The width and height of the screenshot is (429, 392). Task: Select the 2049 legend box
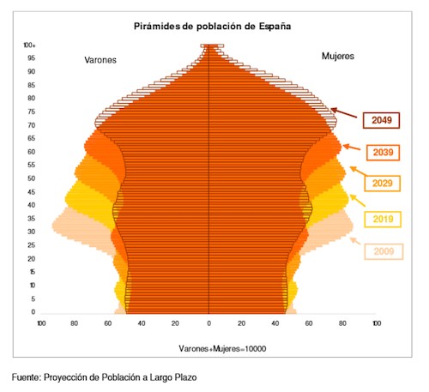382,121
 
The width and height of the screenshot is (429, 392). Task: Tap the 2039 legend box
382,153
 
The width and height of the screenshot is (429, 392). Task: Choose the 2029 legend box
382,184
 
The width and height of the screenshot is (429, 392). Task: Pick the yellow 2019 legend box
382,219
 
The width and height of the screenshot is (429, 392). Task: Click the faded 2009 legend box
382,251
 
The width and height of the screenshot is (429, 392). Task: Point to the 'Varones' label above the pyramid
100,59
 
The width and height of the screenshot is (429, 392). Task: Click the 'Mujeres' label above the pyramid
338,56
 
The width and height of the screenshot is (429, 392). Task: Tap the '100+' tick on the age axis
30,45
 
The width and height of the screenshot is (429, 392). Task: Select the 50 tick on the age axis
32,178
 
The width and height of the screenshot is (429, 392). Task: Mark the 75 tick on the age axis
32,112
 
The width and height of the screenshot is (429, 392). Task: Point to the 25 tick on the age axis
32,245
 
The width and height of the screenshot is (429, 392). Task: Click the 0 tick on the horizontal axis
209,324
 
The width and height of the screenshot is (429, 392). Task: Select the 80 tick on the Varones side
75,324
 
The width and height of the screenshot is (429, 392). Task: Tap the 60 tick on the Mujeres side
310,324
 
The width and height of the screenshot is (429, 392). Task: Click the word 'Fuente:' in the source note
27,377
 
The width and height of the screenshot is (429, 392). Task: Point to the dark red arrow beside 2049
343,113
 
